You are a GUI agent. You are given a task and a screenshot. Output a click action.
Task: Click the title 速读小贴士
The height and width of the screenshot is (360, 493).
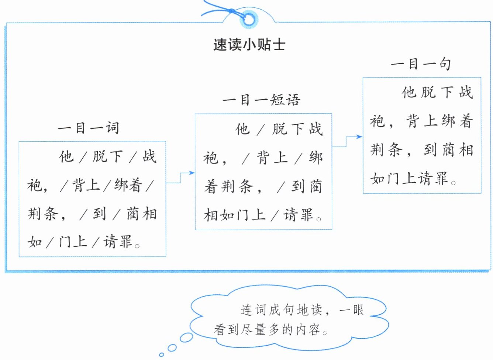(249, 45)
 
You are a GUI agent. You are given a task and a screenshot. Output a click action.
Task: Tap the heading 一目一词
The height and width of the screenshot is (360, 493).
(89, 128)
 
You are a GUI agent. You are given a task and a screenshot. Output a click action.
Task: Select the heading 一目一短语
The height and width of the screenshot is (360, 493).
(261, 100)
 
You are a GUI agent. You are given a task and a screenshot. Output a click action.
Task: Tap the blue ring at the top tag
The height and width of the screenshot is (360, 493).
(249, 20)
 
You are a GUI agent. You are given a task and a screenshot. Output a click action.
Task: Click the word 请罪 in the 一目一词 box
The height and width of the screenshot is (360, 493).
(118, 242)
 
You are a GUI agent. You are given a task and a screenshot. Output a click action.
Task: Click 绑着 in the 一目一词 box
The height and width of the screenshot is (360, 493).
(128, 185)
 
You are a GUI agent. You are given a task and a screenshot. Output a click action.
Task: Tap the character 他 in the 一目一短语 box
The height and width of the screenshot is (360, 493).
(242, 129)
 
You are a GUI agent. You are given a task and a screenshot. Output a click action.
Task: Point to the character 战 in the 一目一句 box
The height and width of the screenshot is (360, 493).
(466, 92)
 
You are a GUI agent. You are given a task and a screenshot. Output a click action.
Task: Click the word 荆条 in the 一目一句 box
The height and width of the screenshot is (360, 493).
(386, 150)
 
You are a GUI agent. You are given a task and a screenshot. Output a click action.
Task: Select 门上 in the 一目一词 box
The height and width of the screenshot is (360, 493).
(73, 242)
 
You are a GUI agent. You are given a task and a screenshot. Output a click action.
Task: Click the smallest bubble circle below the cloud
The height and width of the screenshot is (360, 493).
(161, 355)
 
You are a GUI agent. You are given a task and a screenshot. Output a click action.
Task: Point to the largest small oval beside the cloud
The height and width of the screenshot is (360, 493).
(186, 337)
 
